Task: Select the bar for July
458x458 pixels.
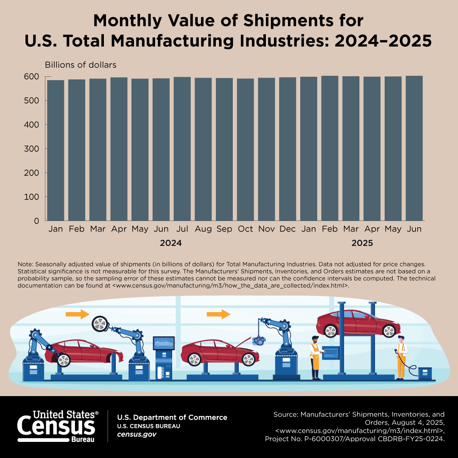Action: [x=182, y=148]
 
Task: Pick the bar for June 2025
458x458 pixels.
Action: [x=414, y=148]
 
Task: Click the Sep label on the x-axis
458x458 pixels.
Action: [x=224, y=229]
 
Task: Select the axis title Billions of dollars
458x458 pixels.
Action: [x=81, y=65]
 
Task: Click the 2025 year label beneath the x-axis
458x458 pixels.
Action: [x=362, y=243]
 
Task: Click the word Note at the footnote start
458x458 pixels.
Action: [x=25, y=264]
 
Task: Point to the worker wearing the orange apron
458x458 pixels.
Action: [x=315, y=356]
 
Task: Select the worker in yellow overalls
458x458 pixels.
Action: [x=401, y=356]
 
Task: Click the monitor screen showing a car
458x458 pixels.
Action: [x=164, y=343]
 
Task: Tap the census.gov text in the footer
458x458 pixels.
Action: [x=137, y=434]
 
